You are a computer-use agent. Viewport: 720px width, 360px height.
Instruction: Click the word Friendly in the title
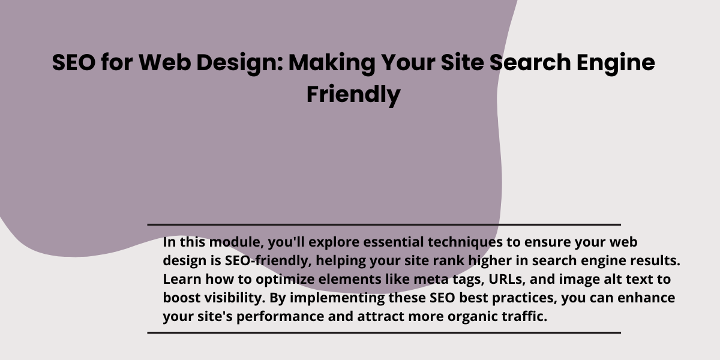[353, 95]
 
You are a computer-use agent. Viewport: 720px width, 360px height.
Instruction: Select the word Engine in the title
[616, 63]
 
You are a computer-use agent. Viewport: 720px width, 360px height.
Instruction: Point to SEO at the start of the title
[74, 62]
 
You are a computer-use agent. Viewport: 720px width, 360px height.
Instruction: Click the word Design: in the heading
[240, 63]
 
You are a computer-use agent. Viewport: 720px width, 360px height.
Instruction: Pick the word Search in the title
[530, 62]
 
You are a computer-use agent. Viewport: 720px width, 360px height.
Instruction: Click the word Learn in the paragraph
[182, 279]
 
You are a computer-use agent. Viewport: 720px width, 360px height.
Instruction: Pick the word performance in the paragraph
[280, 317]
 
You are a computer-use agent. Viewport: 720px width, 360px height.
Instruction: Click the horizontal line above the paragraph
[384, 224]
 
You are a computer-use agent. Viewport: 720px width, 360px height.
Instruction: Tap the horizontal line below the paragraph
[384, 333]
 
